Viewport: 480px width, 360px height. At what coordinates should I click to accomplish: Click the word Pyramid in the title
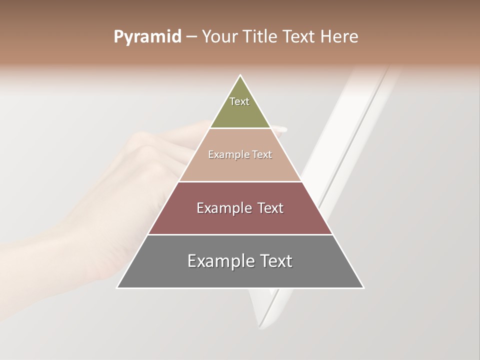pos(147,37)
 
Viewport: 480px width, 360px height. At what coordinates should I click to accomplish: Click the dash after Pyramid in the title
pos(191,37)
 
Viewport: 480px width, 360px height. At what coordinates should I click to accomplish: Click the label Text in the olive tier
pos(239,101)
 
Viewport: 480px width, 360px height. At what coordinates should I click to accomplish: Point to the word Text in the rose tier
pos(270,208)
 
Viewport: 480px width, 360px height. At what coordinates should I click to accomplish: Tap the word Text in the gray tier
pos(276,261)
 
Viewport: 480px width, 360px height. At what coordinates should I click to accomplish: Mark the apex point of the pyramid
pos(240,75)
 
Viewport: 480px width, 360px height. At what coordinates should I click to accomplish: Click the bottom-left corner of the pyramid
pos(117,288)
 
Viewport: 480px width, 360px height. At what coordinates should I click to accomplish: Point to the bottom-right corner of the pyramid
pos(363,288)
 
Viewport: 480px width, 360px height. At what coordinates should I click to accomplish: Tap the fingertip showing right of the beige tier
pos(283,129)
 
